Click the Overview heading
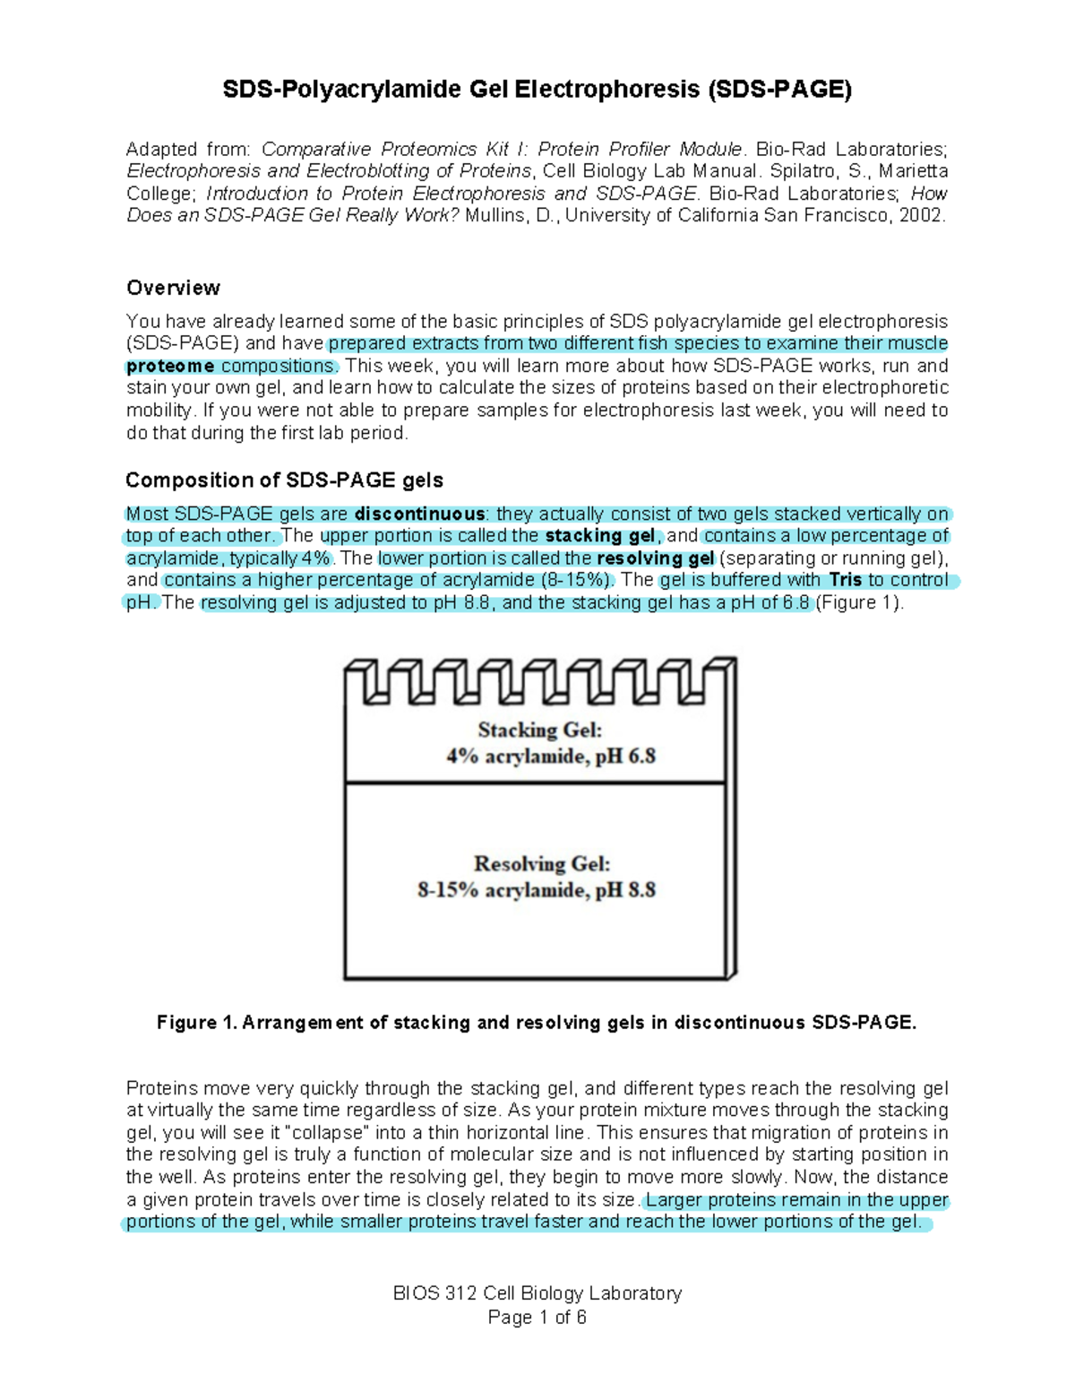tap(173, 288)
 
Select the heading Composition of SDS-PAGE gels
tap(284, 480)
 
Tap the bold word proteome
tap(170, 367)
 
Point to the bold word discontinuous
tap(420, 514)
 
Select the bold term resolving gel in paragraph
tap(655, 558)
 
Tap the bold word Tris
tap(846, 580)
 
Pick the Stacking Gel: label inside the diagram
tap(539, 730)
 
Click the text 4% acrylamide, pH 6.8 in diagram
tap(551, 757)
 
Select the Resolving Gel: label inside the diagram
tap(542, 864)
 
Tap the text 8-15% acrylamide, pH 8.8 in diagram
tap(537, 890)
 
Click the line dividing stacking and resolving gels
tap(535, 783)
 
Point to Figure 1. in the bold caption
tap(196, 1023)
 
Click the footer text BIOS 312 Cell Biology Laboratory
tap(537, 1293)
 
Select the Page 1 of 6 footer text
tap(537, 1317)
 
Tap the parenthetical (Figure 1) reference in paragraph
tap(858, 603)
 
